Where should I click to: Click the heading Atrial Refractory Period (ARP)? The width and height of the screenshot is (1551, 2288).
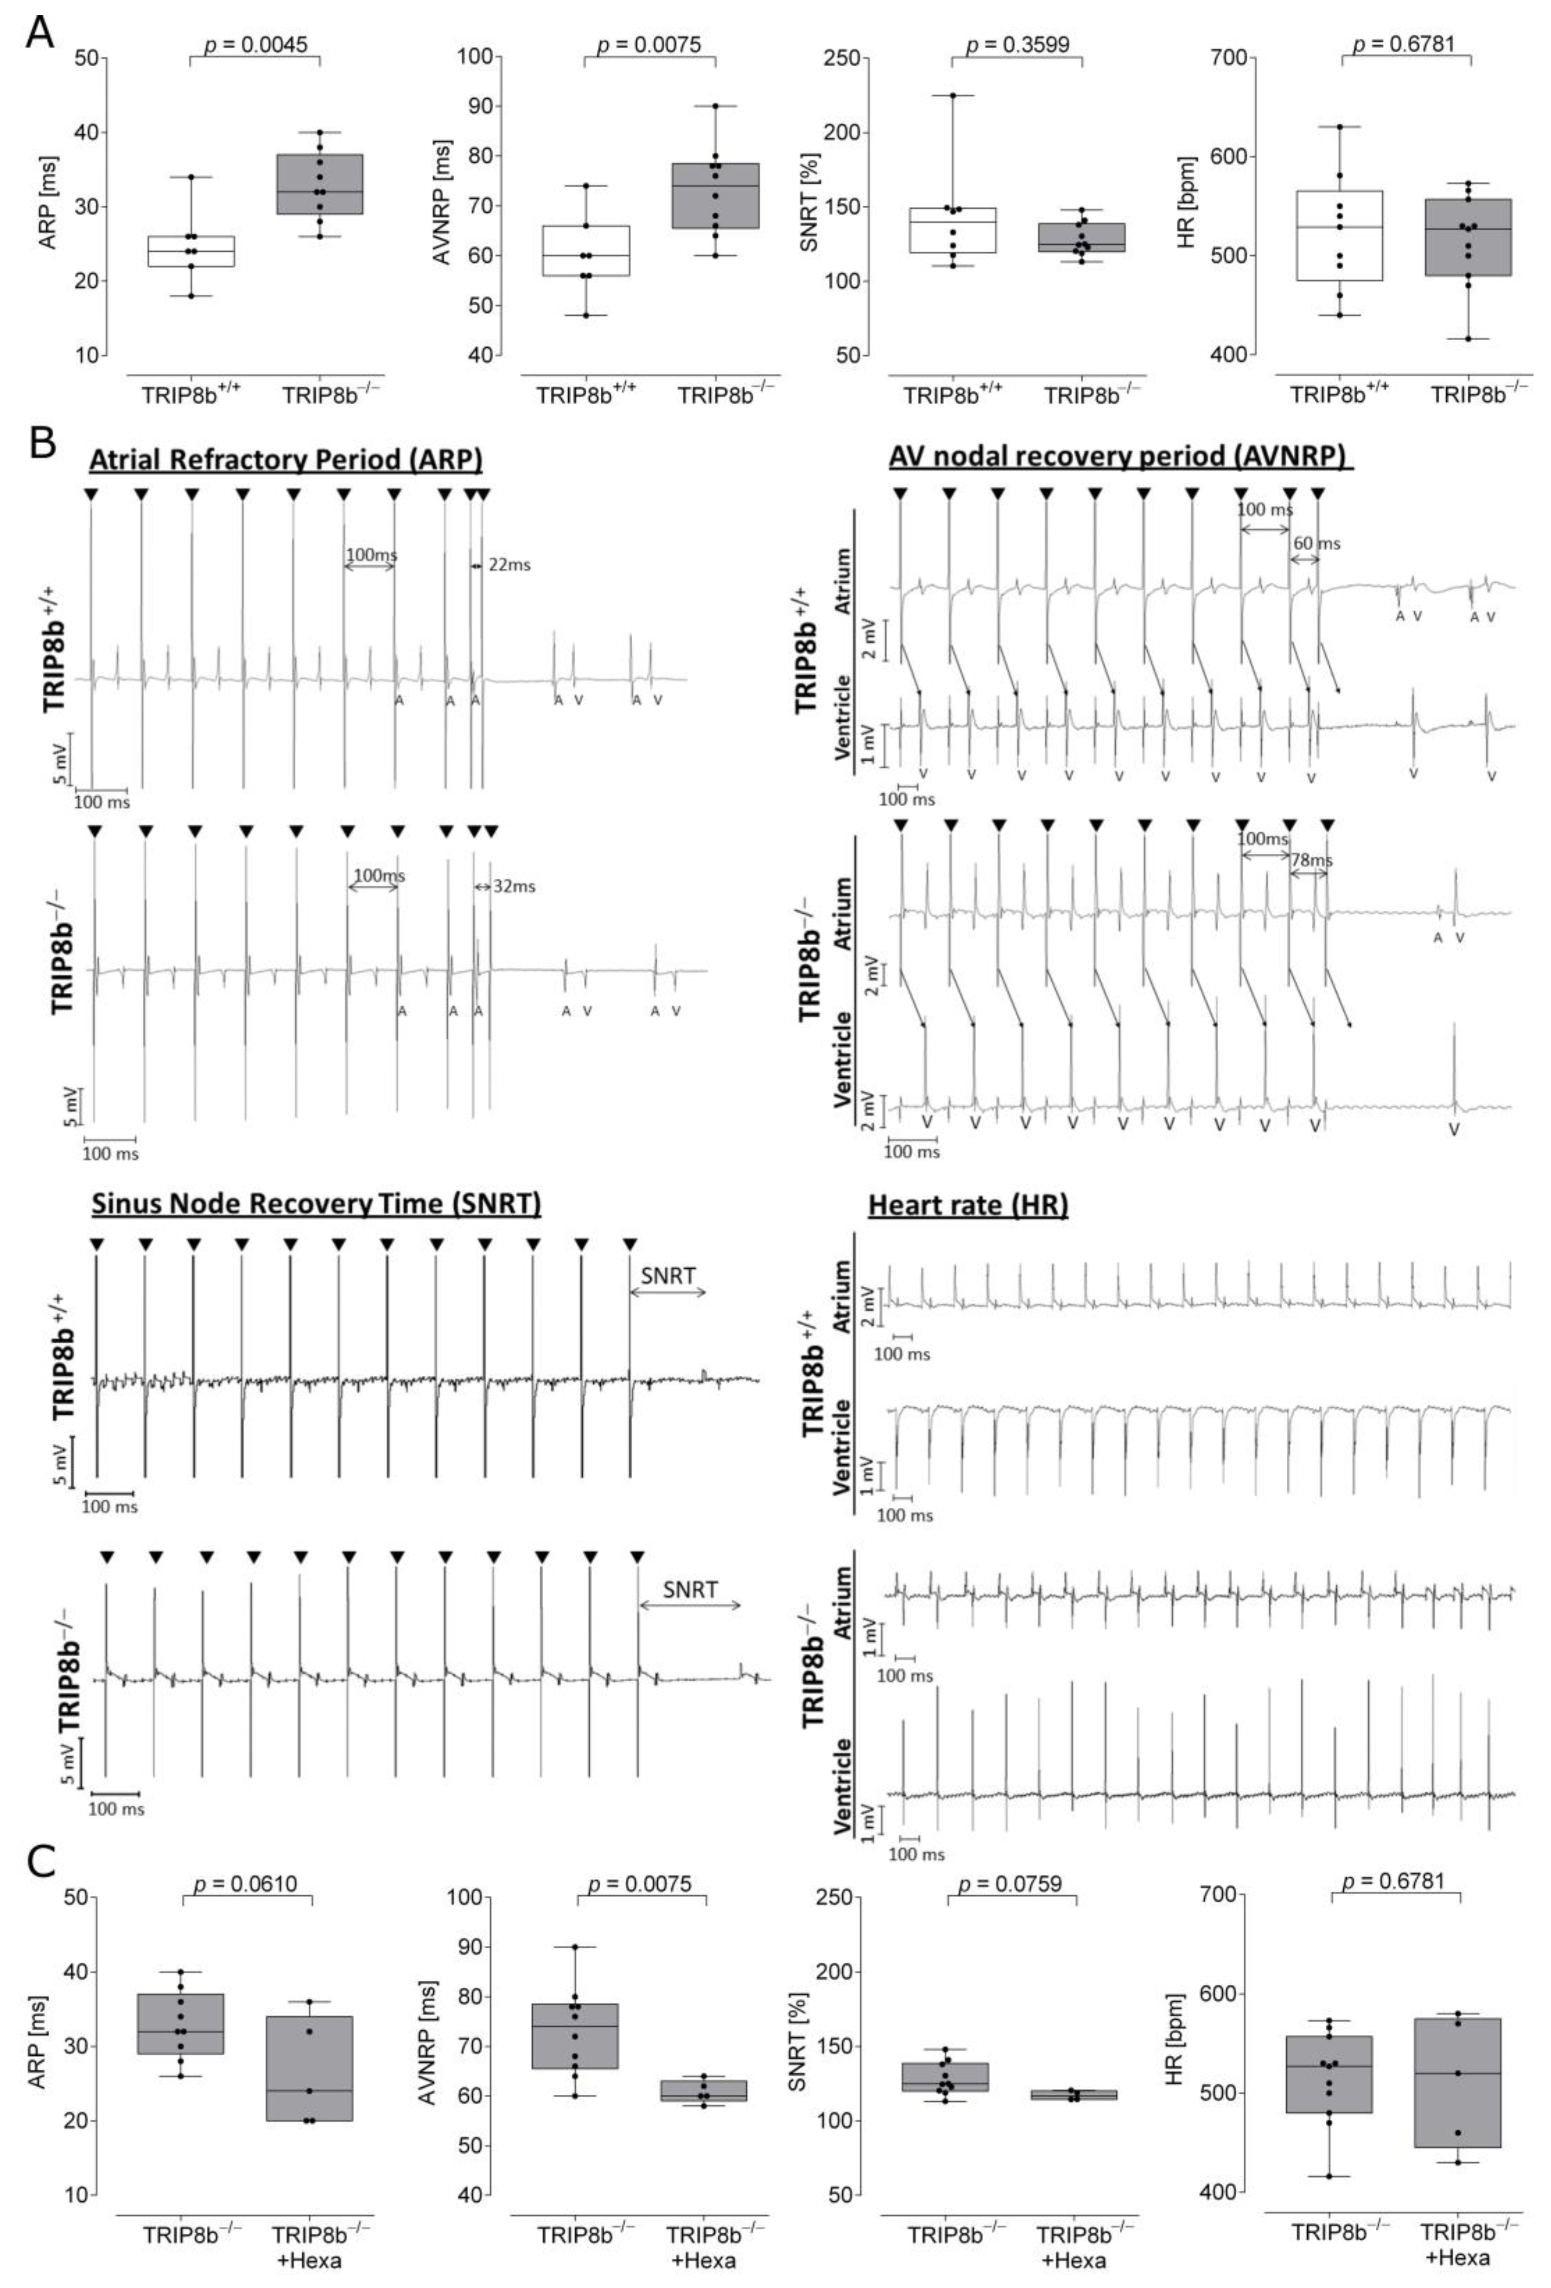[286, 460]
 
